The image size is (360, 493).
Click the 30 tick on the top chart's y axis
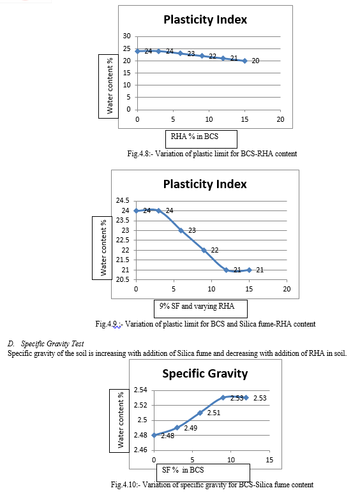pyautogui.click(x=126, y=36)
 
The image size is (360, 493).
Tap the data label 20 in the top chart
pyautogui.click(x=255, y=61)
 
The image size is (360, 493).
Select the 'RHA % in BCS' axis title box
pyautogui.click(x=202, y=139)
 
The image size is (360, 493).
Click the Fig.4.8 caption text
pyautogui.click(x=212, y=154)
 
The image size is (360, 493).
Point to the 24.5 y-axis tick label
pyautogui.click(x=123, y=201)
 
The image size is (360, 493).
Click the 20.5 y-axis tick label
pyautogui.click(x=123, y=279)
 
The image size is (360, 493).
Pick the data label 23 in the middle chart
pyautogui.click(x=192, y=230)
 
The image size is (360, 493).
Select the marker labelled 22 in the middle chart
pyautogui.click(x=204, y=250)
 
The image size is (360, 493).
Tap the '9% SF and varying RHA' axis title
pyautogui.click(x=197, y=306)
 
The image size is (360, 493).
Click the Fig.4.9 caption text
pyautogui.click(x=206, y=324)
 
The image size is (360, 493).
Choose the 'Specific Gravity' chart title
pyautogui.click(x=205, y=374)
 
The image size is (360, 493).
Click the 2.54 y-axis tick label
pyautogui.click(x=140, y=390)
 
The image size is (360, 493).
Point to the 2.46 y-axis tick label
pyautogui.click(x=140, y=450)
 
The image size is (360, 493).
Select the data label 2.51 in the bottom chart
pyautogui.click(x=214, y=413)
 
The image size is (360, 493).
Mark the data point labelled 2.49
pyautogui.click(x=177, y=427)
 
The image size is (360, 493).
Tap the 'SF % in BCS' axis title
pyautogui.click(x=183, y=470)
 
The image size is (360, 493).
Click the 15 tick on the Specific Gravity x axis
pyautogui.click(x=269, y=460)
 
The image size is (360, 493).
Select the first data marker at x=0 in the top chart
pyautogui.click(x=137, y=51)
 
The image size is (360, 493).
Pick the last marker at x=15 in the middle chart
pyautogui.click(x=249, y=270)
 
